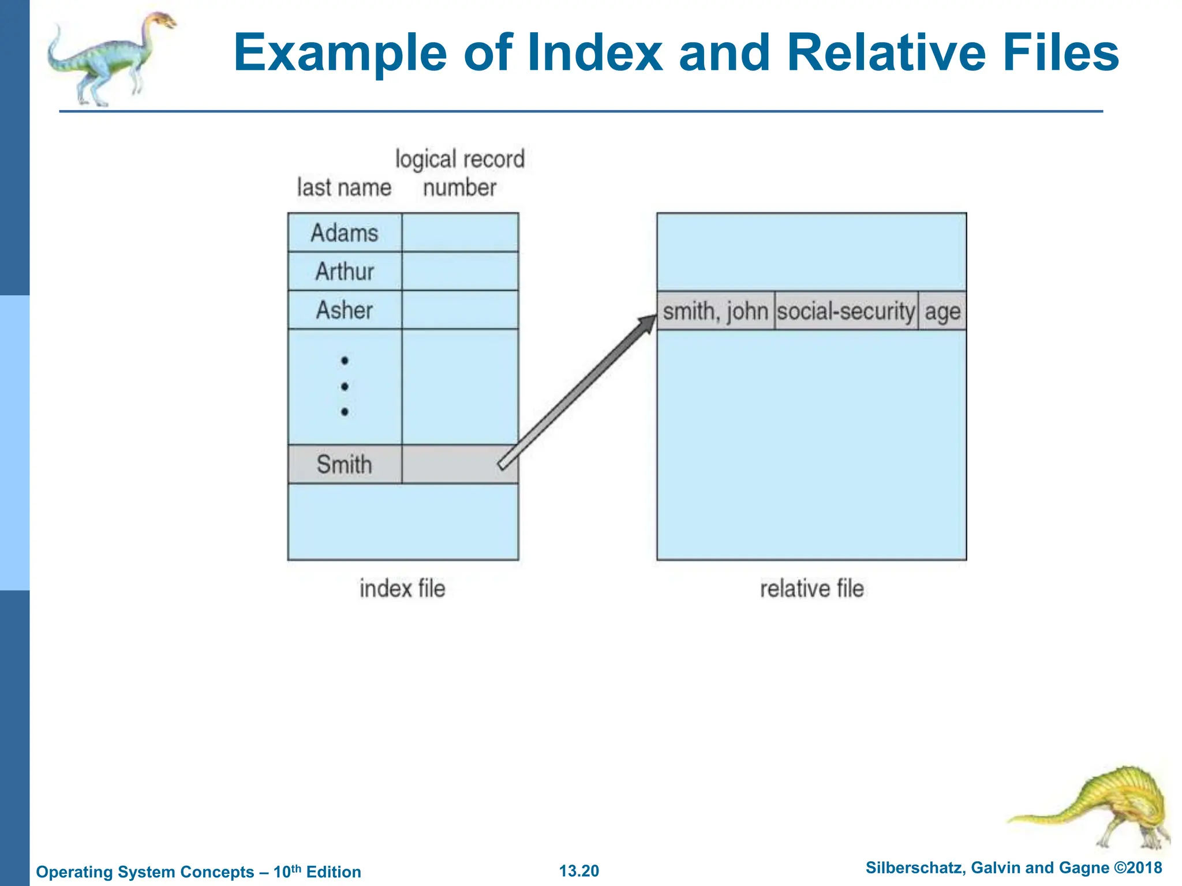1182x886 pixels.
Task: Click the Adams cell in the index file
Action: pos(345,233)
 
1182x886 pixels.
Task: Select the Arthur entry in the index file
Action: pos(345,271)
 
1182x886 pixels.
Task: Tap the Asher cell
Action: pos(345,310)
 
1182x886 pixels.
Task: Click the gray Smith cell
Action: pos(345,464)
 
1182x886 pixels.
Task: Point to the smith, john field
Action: pos(715,311)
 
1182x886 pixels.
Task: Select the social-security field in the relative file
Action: pos(846,311)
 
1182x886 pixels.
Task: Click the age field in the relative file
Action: pos(942,312)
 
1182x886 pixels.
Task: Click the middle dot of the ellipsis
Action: pos(345,386)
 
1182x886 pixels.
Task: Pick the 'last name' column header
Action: pos(344,187)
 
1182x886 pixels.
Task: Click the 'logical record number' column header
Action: pos(460,173)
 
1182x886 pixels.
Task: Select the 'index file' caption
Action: pos(402,589)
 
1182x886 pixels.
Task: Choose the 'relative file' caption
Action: pos(811,589)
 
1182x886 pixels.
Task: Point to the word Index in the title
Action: pos(595,52)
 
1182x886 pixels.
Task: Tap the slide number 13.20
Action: pos(579,870)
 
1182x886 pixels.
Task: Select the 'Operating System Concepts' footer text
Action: pos(145,872)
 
